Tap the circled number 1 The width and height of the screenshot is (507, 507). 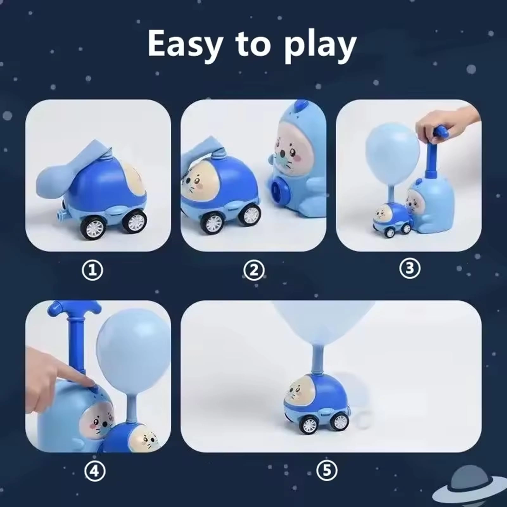click(92, 270)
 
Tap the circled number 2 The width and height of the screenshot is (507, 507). click(254, 270)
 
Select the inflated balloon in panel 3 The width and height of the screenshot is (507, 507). click(393, 149)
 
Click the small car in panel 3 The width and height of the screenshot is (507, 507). click(391, 219)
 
